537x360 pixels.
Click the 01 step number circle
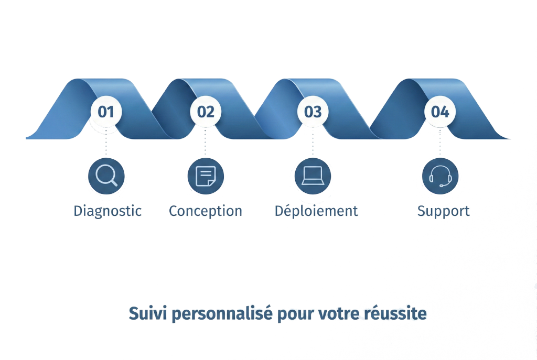coord(106,111)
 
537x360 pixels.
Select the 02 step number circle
coord(206,111)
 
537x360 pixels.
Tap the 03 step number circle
coord(313,111)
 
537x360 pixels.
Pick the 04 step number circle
coord(440,111)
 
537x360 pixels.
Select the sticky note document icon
coord(206,176)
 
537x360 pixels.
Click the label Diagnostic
coord(108,211)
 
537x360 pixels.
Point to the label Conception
coord(206,211)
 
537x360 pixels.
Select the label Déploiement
coord(317,211)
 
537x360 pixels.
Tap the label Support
coord(444,211)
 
